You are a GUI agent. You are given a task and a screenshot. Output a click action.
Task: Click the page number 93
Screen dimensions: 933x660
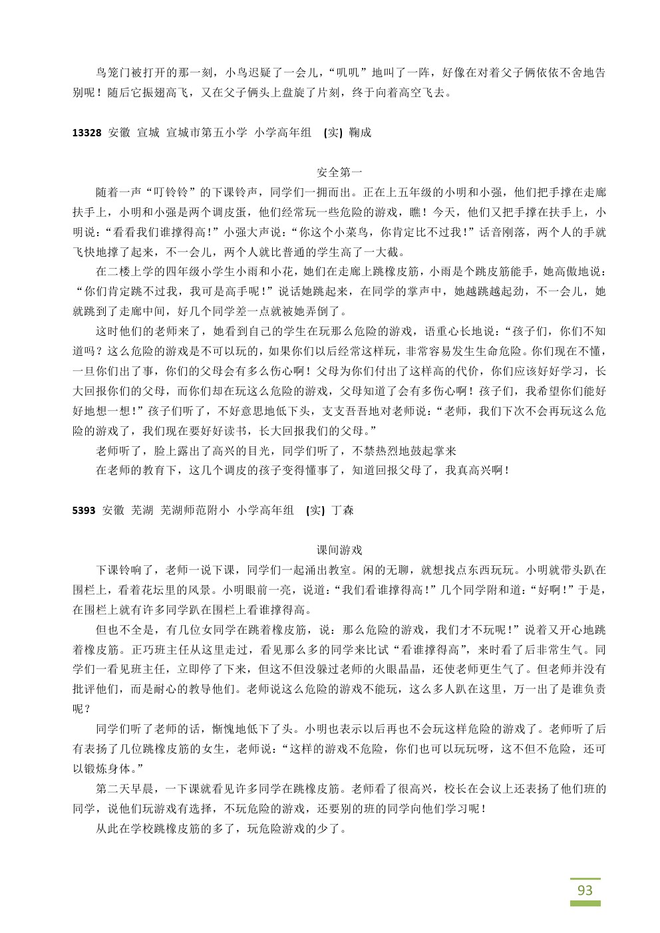click(x=585, y=890)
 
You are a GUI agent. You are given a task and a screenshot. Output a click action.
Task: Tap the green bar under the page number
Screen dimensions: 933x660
click(x=585, y=904)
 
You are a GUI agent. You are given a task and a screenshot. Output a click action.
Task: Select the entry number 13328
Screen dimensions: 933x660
click(x=86, y=132)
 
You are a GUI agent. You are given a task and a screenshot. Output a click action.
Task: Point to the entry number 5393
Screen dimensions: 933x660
click(x=84, y=511)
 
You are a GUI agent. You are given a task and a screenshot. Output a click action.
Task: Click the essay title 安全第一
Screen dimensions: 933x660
click(x=339, y=172)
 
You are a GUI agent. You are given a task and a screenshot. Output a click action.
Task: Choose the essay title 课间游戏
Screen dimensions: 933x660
click(x=339, y=550)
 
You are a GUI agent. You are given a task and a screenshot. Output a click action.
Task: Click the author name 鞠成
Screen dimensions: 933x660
click(x=360, y=132)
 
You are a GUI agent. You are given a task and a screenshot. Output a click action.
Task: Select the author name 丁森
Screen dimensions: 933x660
click(x=343, y=511)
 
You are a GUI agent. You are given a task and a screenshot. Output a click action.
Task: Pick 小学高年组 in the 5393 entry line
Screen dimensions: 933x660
click(x=265, y=511)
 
